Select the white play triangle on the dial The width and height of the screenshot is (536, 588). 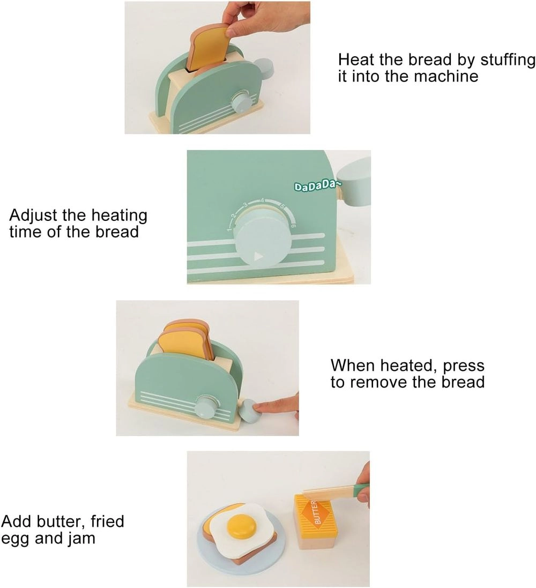(258, 256)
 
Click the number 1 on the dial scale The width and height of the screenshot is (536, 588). (228, 230)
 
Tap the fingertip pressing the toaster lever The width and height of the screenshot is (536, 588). (263, 408)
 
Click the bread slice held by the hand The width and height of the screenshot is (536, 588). (209, 48)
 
